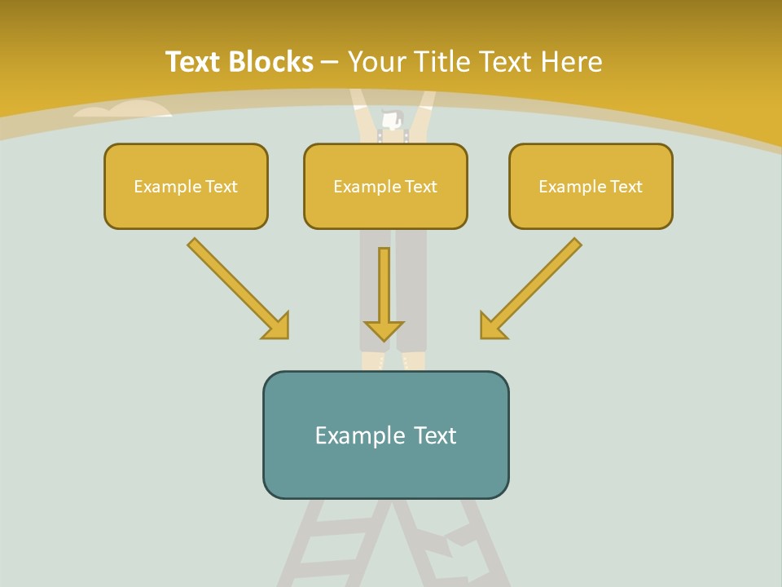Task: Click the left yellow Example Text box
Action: pyautogui.click(x=186, y=186)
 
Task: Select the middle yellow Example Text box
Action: pyautogui.click(x=385, y=186)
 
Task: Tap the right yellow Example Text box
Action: pyautogui.click(x=591, y=186)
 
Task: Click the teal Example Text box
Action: pyautogui.click(x=385, y=435)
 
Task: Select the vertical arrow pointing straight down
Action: pyautogui.click(x=384, y=289)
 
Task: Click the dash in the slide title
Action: pyautogui.click(x=331, y=62)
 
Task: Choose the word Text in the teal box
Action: pyautogui.click(x=433, y=435)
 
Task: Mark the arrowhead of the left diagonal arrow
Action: pyautogui.click(x=275, y=325)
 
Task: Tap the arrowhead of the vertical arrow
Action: pyautogui.click(x=384, y=329)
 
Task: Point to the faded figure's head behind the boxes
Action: pyautogui.click(x=392, y=121)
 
